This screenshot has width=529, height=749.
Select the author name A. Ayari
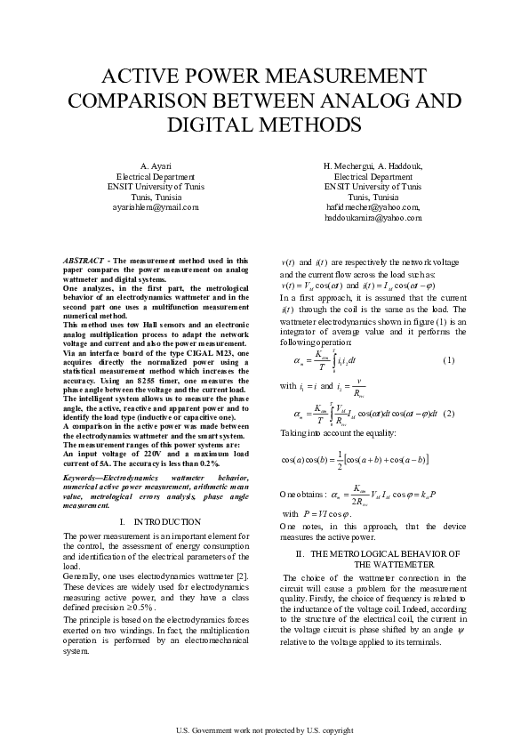tap(156, 166)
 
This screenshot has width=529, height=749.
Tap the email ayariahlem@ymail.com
tap(156, 206)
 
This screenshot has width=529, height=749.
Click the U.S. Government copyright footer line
tap(264, 729)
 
